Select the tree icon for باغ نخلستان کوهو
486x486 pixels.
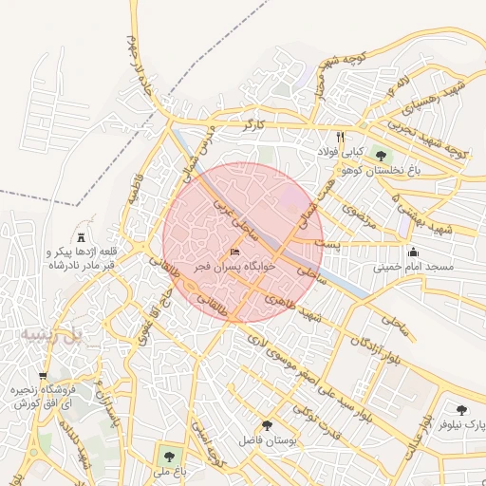point(381,156)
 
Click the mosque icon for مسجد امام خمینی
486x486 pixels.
point(414,252)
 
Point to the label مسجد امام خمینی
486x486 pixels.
point(414,268)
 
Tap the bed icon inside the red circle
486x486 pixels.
point(234,253)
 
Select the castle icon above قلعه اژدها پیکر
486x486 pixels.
point(81,235)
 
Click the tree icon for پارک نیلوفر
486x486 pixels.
point(461,410)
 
